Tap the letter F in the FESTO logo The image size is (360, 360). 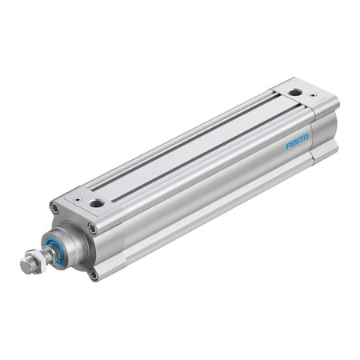(289, 146)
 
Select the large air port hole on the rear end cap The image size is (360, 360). (296, 93)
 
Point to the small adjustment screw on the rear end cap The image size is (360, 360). (312, 96)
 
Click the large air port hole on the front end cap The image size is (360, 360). (97, 203)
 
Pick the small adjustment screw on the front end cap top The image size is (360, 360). (78, 198)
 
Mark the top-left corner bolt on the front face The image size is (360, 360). (54, 210)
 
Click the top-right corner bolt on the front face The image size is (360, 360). (92, 228)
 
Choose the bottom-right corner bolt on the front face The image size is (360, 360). (94, 274)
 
